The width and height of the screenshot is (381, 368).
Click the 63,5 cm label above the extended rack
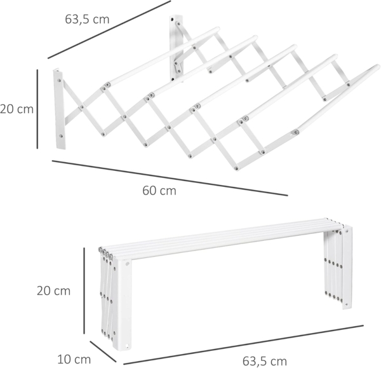87,19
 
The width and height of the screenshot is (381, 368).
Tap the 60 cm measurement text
159,190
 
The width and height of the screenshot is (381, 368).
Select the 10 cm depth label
74,358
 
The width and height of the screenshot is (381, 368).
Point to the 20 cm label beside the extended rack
17,109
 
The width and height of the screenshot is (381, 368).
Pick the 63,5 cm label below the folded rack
265,361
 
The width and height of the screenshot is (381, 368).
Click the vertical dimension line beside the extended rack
37,109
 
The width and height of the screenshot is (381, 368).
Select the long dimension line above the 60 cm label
169,178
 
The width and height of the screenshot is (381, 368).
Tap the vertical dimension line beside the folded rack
84,290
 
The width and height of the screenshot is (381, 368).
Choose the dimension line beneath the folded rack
248,341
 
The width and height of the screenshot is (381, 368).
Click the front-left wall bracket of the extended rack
60,109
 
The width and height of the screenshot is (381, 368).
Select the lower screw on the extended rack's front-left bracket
62,135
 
